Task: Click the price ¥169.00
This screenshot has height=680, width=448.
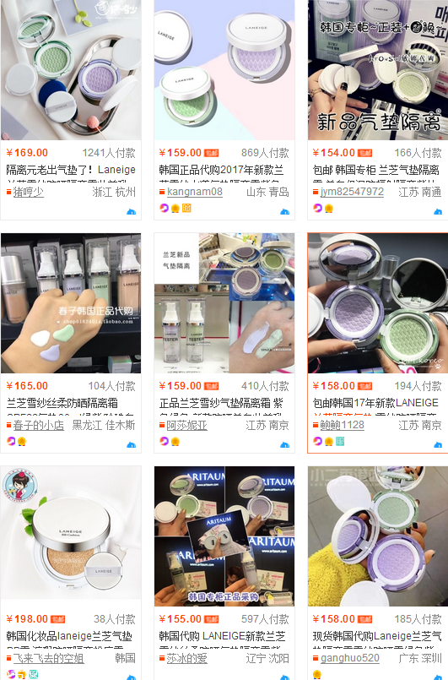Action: pyautogui.click(x=27, y=153)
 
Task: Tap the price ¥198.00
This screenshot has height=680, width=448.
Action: pyautogui.click(x=27, y=619)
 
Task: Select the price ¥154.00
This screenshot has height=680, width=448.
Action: pyautogui.click(x=334, y=153)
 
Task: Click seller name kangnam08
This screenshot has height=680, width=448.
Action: pyautogui.click(x=195, y=192)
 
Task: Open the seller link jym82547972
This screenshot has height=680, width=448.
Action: pyautogui.click(x=352, y=192)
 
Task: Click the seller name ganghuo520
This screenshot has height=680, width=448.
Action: pyautogui.click(x=350, y=658)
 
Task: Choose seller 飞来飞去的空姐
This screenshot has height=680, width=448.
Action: pyautogui.click(x=48, y=658)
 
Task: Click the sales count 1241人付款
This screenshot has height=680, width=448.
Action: pyautogui.click(x=109, y=153)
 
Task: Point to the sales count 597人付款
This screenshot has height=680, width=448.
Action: pyautogui.click(x=265, y=619)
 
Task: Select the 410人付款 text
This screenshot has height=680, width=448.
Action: pyautogui.click(x=265, y=386)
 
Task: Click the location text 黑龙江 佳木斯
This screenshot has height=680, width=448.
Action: pyautogui.click(x=103, y=425)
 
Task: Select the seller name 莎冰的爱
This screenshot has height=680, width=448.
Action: pyautogui.click(x=186, y=658)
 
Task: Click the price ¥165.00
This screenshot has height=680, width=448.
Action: pyautogui.click(x=27, y=386)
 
